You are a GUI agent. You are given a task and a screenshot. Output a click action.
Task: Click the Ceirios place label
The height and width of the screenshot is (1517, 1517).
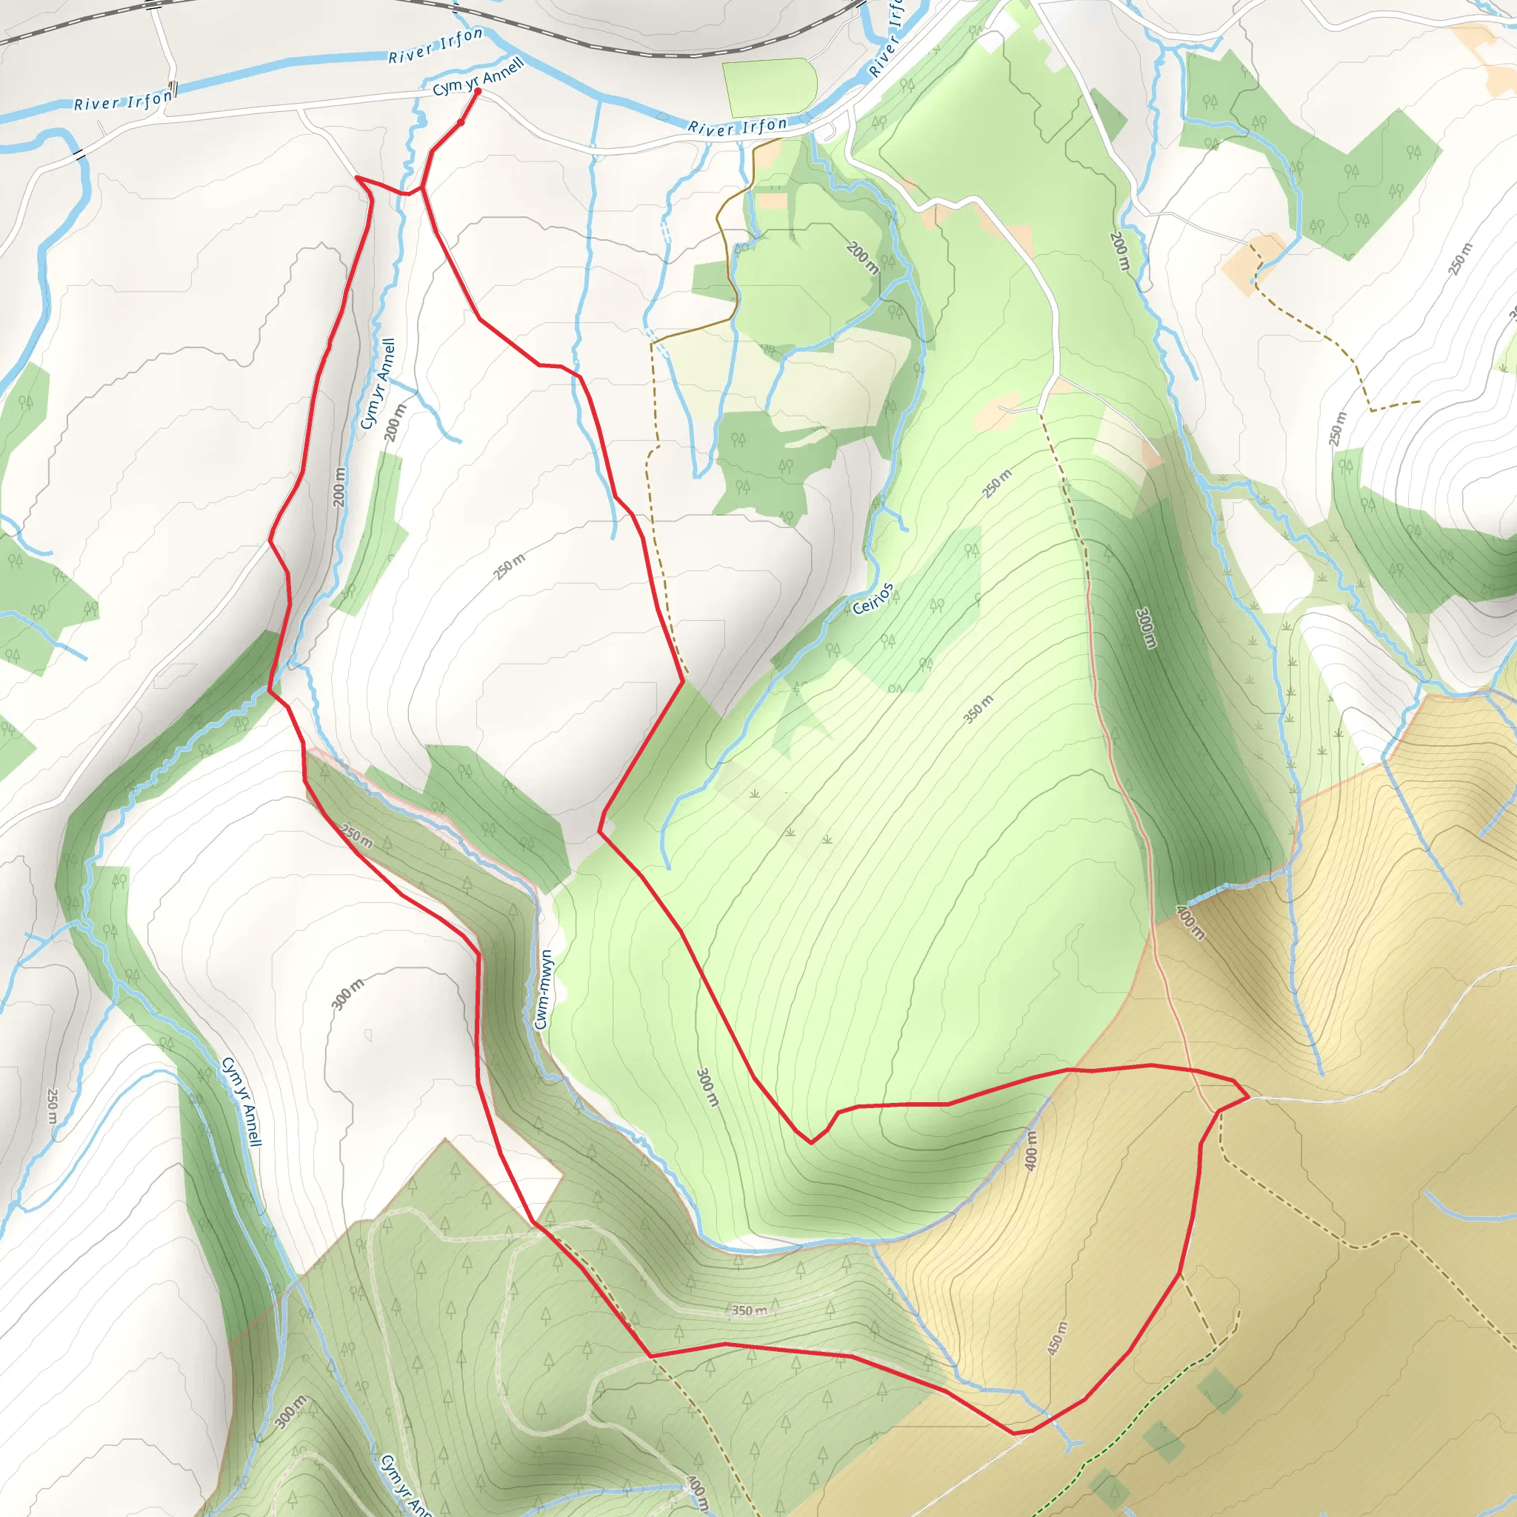[x=873, y=599]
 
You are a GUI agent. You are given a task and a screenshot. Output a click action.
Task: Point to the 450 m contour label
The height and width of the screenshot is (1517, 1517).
[x=1057, y=1338]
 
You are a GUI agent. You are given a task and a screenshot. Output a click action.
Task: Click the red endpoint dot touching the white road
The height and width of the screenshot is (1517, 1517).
[x=478, y=92]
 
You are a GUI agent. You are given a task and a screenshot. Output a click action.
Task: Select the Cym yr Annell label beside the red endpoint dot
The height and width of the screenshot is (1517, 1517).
[x=478, y=77]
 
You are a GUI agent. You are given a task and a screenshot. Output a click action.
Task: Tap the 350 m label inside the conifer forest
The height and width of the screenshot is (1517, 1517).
[x=749, y=1310]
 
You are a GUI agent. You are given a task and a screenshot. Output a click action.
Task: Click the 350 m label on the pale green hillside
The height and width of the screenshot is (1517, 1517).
[x=978, y=708]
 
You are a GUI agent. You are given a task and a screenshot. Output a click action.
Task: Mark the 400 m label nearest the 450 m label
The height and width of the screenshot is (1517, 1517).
[x=1031, y=1150]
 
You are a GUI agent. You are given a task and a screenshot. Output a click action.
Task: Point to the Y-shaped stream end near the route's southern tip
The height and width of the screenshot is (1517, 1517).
[x=1071, y=1443]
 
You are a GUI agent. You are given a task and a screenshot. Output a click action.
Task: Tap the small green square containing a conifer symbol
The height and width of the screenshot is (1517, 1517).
[x=1218, y=1391]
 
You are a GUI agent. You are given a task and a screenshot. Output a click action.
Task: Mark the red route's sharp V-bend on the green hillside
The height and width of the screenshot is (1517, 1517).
[x=812, y=1142]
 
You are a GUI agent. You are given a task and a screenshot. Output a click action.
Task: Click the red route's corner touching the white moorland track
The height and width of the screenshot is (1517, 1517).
[x=1247, y=1097]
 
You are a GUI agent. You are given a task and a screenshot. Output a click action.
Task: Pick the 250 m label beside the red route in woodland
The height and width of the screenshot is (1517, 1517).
[x=357, y=836]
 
